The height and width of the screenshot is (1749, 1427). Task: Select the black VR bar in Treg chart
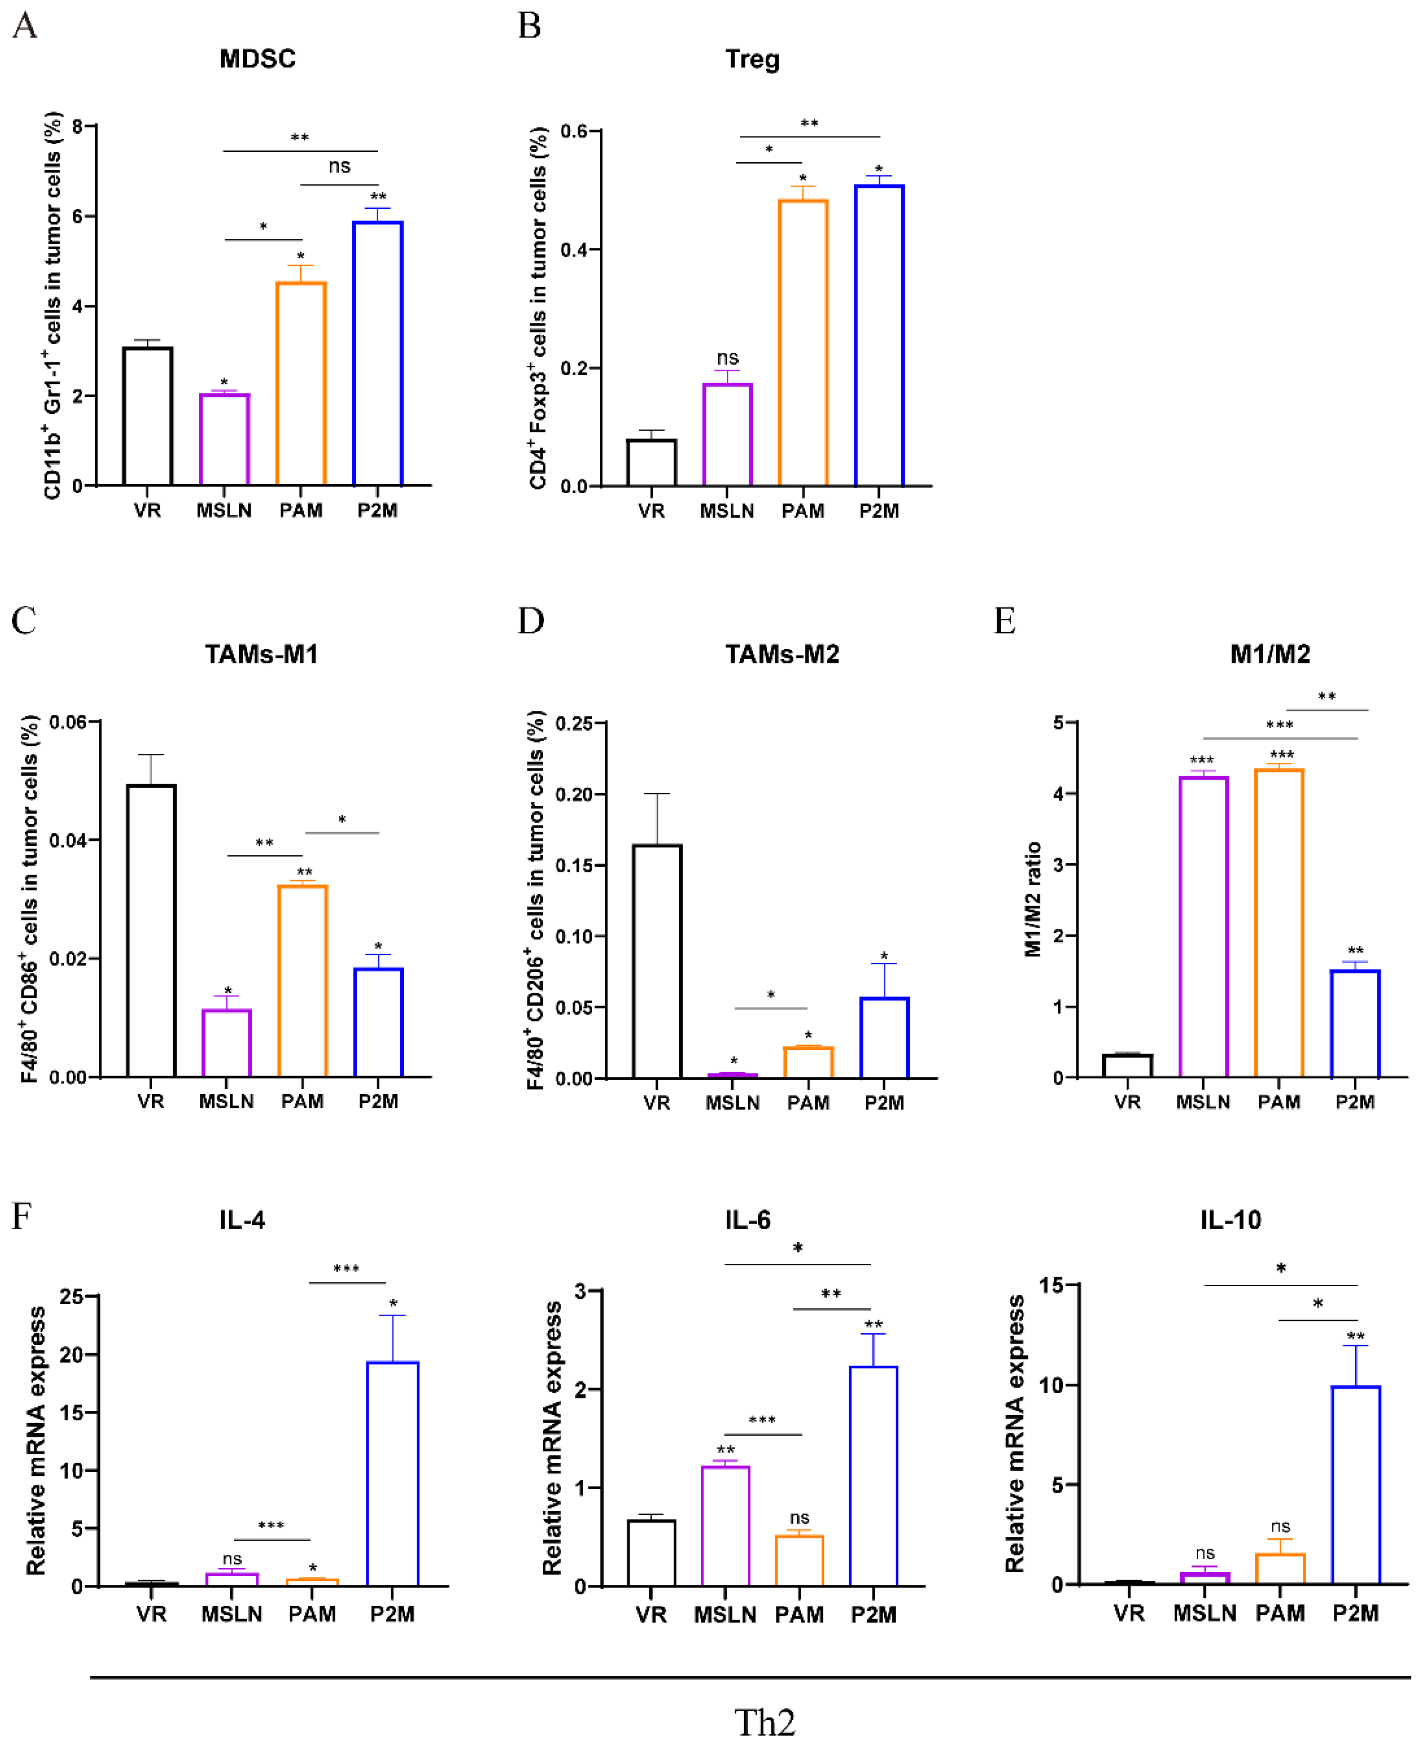coord(651,463)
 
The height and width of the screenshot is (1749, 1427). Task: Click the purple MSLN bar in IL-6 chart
coord(725,1526)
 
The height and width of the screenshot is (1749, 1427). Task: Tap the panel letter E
coord(1005,621)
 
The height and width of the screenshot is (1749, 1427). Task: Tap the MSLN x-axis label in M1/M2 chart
coord(1202,1102)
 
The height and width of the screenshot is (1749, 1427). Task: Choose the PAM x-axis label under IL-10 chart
coord(1280,1613)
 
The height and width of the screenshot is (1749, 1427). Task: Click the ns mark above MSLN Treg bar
coord(727,358)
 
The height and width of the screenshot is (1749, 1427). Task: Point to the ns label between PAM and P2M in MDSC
coord(340,166)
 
